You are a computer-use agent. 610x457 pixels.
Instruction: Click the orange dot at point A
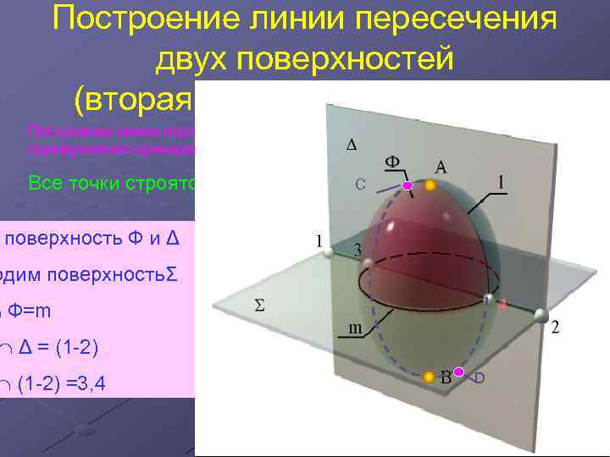tap(430, 184)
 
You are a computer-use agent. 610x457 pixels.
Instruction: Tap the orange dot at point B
tap(429, 376)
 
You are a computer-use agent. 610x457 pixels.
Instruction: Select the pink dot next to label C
tap(407, 184)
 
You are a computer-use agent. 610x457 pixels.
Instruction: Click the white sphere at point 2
tap(540, 315)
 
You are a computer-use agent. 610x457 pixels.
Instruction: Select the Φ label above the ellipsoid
tap(392, 161)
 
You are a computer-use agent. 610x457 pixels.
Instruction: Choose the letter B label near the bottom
tap(445, 377)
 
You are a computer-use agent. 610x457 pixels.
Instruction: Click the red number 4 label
tap(502, 306)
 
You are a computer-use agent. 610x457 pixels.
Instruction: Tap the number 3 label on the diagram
tap(358, 251)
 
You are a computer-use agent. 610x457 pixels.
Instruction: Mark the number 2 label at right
tap(555, 328)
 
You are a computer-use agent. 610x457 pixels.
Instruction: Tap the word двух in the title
tap(192, 60)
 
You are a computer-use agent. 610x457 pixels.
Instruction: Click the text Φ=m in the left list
tap(28, 311)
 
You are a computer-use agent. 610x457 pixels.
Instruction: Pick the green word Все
tap(47, 183)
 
